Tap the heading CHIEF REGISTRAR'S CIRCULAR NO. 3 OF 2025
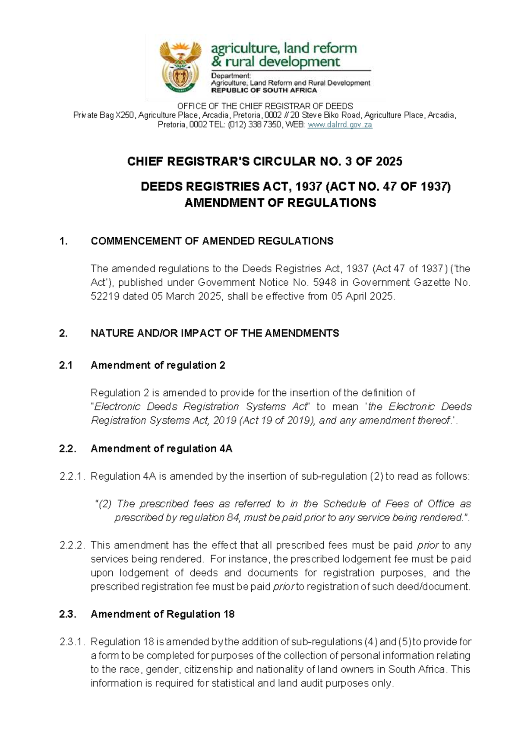[265, 162]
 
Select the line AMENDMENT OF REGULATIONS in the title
[280, 203]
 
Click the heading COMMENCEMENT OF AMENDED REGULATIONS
[212, 241]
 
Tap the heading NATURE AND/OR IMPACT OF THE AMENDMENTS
[215, 333]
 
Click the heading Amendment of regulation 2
[158, 365]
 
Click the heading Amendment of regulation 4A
[161, 449]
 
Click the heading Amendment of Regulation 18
[162, 614]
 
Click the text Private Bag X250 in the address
[104, 115]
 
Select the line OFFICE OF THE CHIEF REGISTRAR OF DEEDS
[265, 106]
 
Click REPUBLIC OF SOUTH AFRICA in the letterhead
[264, 91]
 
